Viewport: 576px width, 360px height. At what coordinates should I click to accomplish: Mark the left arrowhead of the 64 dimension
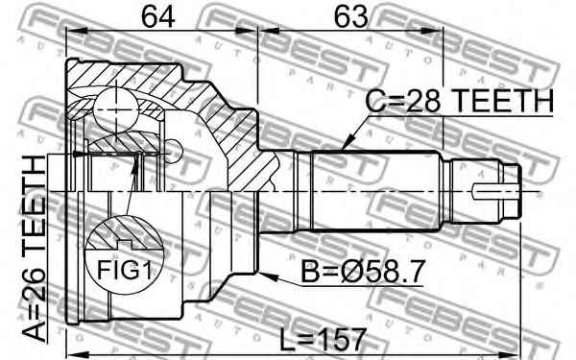click(x=70, y=31)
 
